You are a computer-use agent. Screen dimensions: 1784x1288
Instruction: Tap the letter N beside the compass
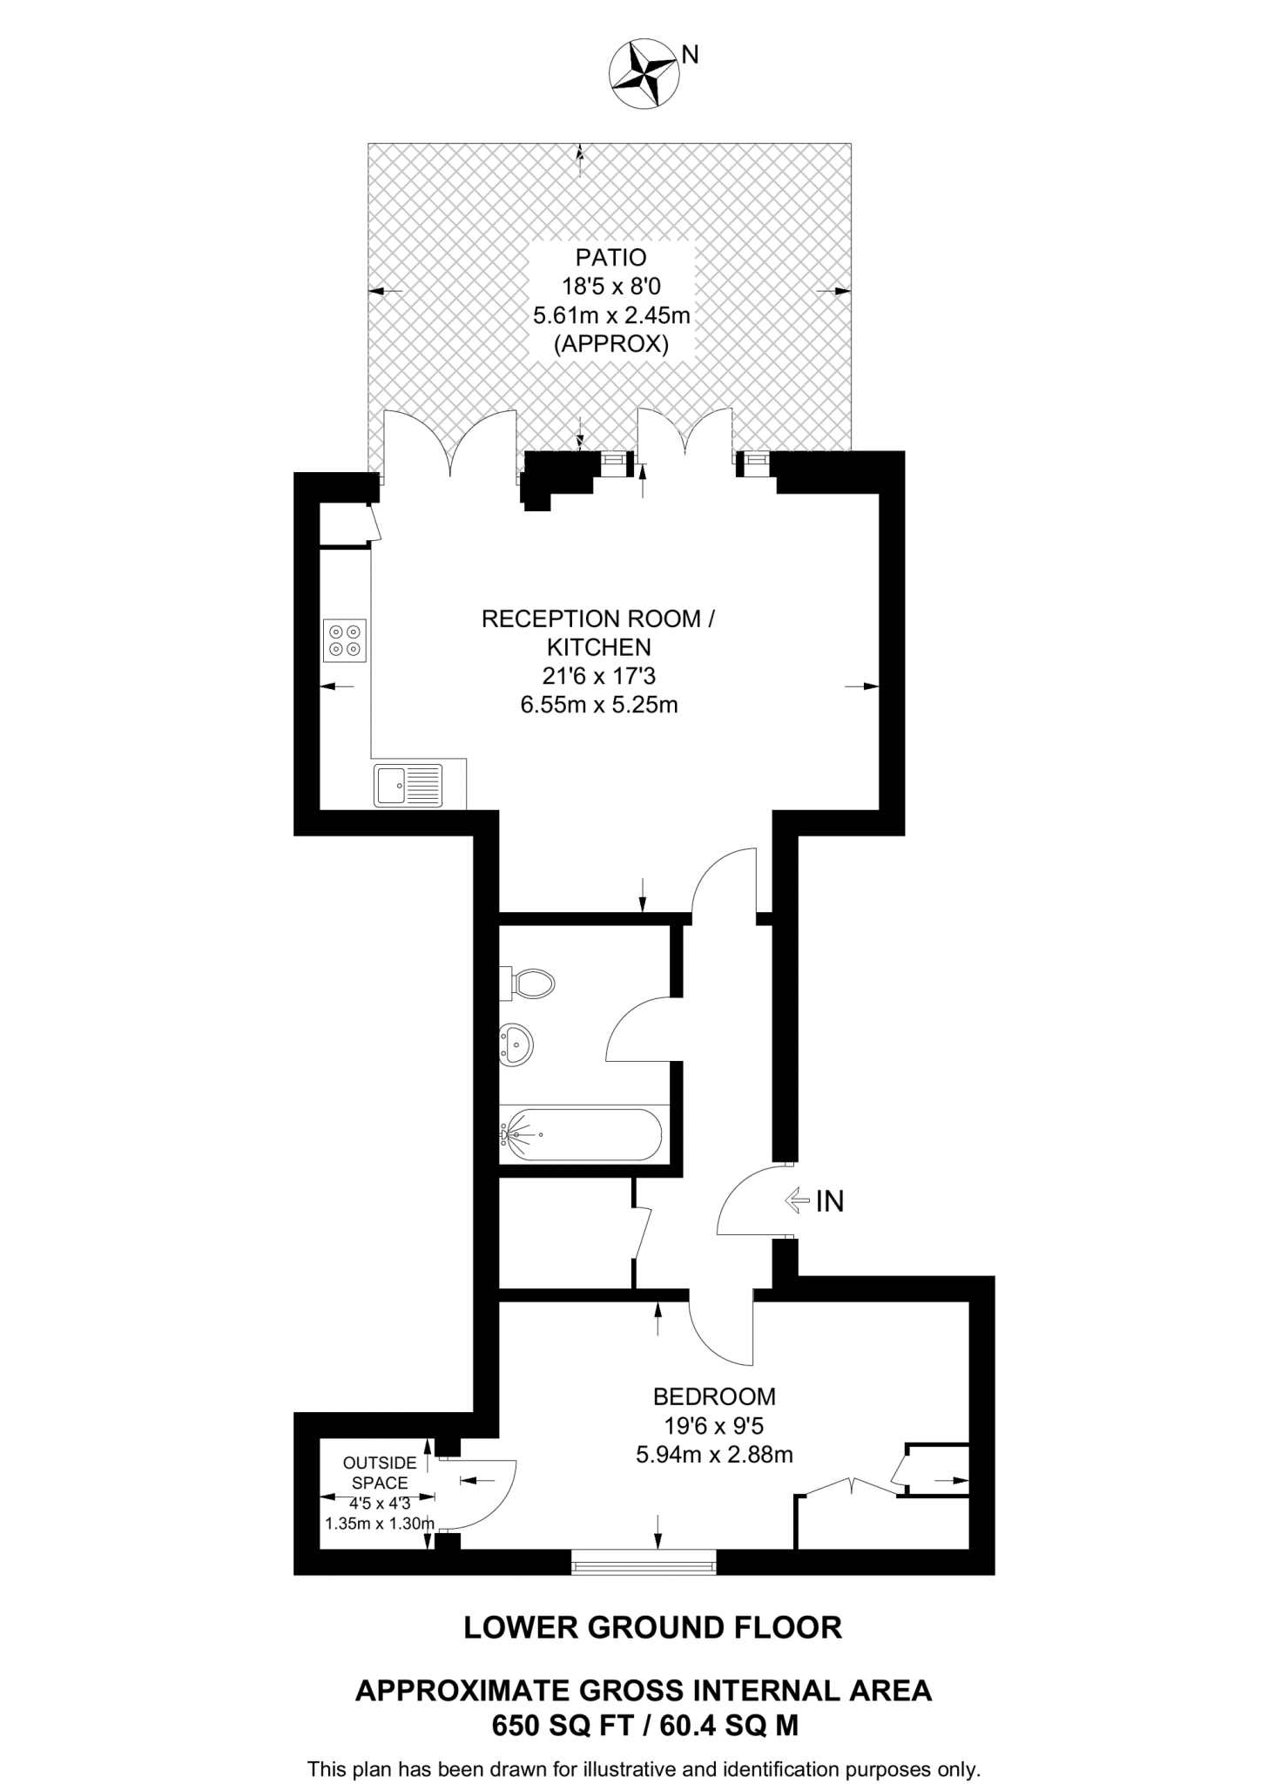coord(690,55)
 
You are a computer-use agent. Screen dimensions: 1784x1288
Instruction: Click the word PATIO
coord(610,258)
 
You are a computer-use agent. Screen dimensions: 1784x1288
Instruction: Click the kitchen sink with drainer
coord(408,784)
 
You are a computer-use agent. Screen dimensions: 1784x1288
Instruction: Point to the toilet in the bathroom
coord(529,983)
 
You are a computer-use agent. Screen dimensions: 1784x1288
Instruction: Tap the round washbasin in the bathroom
coord(516,1043)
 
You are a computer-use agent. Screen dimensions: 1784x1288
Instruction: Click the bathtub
coord(581,1134)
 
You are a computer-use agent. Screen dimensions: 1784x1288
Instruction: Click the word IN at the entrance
coord(830,1202)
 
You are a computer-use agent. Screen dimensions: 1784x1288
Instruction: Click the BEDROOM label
coord(714,1397)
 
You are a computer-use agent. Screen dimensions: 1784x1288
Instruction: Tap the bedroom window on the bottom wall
coord(644,1562)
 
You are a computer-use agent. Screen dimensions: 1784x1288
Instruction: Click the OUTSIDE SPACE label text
coord(380,1473)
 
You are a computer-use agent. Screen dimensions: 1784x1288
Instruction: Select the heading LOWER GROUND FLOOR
coord(652,1627)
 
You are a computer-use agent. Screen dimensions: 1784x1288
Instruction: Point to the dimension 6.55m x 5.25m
coord(598,705)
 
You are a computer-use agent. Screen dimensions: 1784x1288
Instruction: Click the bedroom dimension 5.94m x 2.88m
coord(714,1454)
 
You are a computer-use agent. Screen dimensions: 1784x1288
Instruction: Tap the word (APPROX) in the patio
coord(611,344)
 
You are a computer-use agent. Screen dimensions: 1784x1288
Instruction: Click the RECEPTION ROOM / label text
coord(597,619)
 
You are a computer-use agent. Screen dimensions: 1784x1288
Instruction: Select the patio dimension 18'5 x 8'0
coord(611,286)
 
